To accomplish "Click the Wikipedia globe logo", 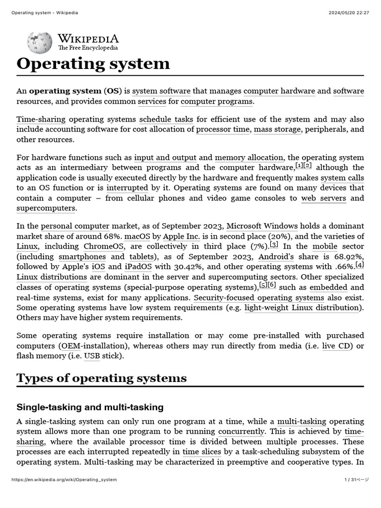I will click(40, 43).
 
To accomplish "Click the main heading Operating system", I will click(93, 64).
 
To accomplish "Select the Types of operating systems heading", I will click(102, 378).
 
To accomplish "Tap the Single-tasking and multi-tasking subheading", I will click(90, 407).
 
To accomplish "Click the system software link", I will click(161, 91).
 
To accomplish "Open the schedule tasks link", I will click(166, 119).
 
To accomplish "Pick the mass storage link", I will click(277, 129).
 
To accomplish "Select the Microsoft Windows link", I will click(262, 226).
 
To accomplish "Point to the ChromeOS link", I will click(104, 246).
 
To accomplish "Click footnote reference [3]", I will click(274, 245).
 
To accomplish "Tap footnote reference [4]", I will click(360, 265).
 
